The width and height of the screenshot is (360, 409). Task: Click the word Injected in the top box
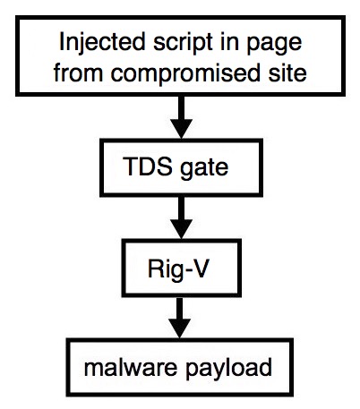(x=102, y=43)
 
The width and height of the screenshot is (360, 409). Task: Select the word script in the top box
(x=183, y=44)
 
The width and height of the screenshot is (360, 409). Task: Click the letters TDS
(x=148, y=166)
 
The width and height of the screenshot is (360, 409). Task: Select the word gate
(x=204, y=168)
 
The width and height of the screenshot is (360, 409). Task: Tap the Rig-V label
(x=178, y=269)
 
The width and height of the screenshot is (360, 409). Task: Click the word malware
(x=131, y=368)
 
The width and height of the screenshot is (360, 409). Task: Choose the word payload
(x=228, y=370)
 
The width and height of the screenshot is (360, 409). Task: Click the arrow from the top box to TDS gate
(x=181, y=117)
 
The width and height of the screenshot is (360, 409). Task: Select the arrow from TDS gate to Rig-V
(x=181, y=217)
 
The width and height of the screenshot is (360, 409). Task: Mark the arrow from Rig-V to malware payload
(x=179, y=318)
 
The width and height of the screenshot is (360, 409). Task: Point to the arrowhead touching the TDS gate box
(x=181, y=129)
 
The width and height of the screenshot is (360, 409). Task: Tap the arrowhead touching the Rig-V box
(x=181, y=229)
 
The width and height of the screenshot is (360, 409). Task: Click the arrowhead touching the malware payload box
(x=179, y=328)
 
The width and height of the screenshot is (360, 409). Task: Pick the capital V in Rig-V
(x=199, y=268)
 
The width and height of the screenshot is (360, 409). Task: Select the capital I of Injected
(x=62, y=42)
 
